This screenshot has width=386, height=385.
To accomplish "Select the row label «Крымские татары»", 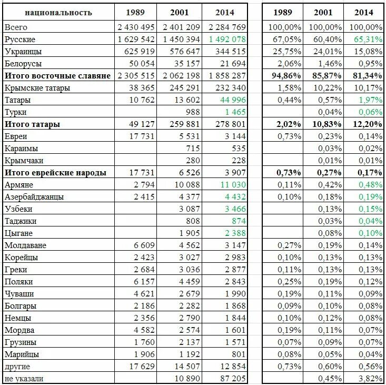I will tap(37, 88).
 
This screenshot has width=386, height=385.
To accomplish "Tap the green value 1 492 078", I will tap(227, 40).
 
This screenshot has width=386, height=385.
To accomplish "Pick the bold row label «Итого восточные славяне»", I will tap(58, 76).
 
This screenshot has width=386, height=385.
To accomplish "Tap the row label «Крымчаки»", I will tap(24, 161).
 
